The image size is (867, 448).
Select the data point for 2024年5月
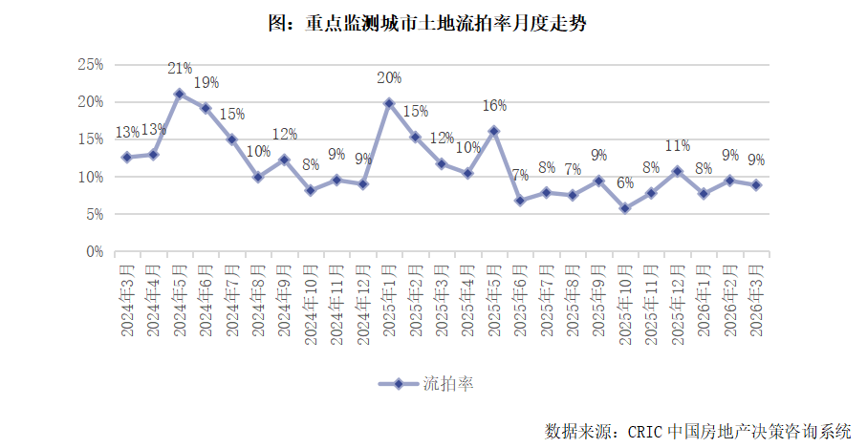[179, 94]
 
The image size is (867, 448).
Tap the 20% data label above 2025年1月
[389, 77]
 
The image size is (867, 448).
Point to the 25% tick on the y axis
[90, 64]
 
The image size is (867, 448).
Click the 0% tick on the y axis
[94, 252]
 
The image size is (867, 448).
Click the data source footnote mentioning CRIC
[697, 431]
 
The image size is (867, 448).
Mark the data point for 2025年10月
[626, 208]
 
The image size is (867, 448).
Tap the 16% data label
[494, 105]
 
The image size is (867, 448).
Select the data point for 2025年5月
[494, 131]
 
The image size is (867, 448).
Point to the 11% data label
[678, 146]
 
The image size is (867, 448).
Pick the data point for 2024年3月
[126, 157]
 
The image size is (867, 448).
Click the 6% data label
[625, 183]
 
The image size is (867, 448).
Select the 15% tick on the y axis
[90, 139]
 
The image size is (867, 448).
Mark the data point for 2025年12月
[678, 171]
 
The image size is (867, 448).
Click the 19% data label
[206, 83]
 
